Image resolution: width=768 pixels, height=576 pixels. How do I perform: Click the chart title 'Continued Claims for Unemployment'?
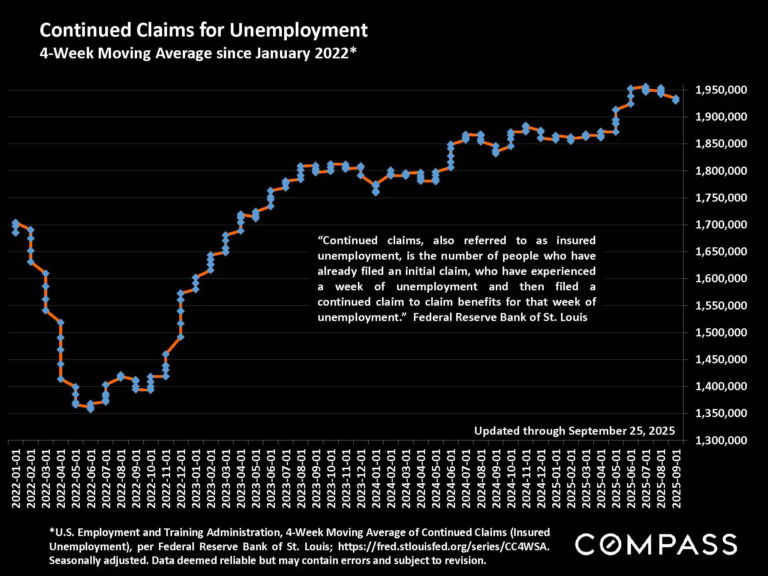[x=204, y=30]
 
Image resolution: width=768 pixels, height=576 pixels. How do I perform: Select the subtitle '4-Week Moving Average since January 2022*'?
[x=198, y=53]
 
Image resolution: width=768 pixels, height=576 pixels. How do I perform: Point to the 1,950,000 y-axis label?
[x=721, y=90]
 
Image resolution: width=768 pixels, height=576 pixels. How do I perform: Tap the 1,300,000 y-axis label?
[x=721, y=440]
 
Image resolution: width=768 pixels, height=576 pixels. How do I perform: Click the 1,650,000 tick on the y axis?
[x=721, y=252]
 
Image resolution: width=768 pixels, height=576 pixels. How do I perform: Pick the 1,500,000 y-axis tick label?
[x=721, y=332]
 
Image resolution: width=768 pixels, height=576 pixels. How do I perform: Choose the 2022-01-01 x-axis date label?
[x=16, y=478]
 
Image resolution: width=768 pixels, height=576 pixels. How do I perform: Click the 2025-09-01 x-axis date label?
[x=676, y=478]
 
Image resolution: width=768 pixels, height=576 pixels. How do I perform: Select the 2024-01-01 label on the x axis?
[x=376, y=478]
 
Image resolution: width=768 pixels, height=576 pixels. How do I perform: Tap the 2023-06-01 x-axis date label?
[x=271, y=478]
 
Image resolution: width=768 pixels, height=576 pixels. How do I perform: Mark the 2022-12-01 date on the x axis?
[x=181, y=478]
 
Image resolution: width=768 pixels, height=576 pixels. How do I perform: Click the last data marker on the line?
[x=676, y=100]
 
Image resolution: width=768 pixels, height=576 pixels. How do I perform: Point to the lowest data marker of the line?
[x=91, y=409]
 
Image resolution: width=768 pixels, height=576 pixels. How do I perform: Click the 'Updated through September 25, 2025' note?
[x=574, y=431]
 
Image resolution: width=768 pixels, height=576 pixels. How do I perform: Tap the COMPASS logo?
[x=655, y=544]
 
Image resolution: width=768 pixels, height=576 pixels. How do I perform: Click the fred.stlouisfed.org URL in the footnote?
[x=444, y=546]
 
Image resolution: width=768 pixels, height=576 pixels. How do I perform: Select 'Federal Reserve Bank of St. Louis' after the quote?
[x=500, y=317]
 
